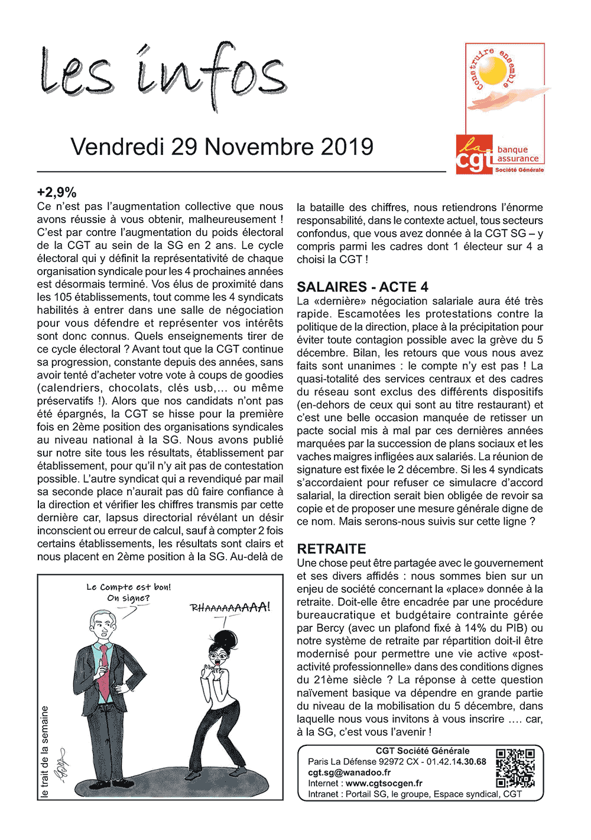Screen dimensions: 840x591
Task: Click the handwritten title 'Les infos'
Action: pos(163,74)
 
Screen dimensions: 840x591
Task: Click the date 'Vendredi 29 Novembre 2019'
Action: pos(222,147)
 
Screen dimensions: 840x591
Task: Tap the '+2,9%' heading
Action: pos(57,192)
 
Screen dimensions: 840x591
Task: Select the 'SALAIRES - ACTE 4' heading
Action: pos(362,287)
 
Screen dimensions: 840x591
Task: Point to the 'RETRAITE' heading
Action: pos(332,548)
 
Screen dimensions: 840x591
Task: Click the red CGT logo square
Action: pos(474,154)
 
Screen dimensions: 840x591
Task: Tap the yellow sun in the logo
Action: pos(495,75)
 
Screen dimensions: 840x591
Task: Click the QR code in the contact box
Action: pos(515,768)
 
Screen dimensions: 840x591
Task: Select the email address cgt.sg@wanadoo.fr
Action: pos(349,773)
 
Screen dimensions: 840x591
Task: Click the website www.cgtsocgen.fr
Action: pos(384,783)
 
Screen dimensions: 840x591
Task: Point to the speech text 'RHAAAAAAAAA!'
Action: pos(230,608)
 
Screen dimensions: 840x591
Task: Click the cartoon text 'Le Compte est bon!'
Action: pos(129,587)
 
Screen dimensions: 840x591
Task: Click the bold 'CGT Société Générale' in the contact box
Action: pos(423,751)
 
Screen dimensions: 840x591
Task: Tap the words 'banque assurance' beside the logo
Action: pos(518,154)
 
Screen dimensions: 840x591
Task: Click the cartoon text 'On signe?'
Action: pos(128,598)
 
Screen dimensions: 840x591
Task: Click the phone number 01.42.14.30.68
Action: pos(456,762)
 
